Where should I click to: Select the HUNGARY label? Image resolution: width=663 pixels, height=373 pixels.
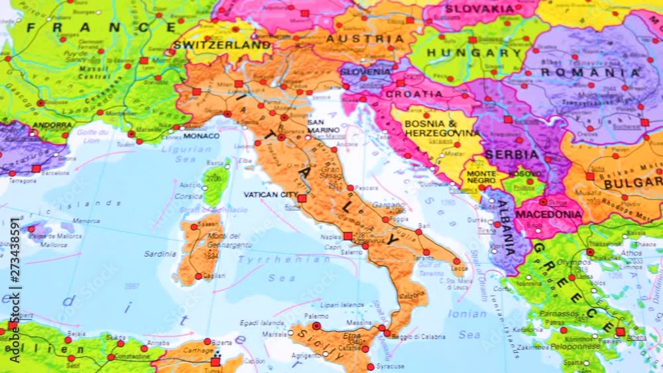coord(474,53)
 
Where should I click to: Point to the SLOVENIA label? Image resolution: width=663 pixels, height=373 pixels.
coord(365,72)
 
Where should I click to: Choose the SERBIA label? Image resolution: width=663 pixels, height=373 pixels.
coord(511,154)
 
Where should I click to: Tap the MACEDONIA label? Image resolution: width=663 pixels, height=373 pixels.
coord(548,215)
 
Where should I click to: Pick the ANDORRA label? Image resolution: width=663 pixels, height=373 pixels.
coord(51,125)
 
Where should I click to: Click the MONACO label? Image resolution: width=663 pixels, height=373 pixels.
coord(201,136)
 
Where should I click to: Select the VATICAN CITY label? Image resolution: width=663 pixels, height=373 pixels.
coord(271,195)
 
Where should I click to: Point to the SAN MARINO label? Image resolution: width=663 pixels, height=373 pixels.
coord(324,126)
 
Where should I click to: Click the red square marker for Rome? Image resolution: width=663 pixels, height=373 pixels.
coord(302,198)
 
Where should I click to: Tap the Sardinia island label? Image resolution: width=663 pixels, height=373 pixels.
coord(160,254)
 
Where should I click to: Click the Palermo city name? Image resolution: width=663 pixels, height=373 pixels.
coord(316,317)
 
